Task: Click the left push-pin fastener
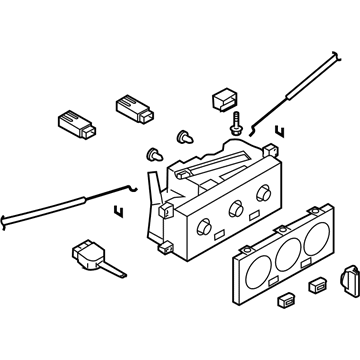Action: pos(154,153)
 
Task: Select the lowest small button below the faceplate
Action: pos(287,298)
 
